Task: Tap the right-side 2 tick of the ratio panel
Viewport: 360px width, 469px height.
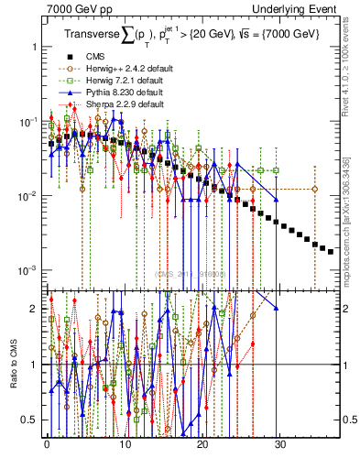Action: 348,309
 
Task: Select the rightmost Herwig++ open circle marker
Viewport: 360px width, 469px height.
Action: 315,189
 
